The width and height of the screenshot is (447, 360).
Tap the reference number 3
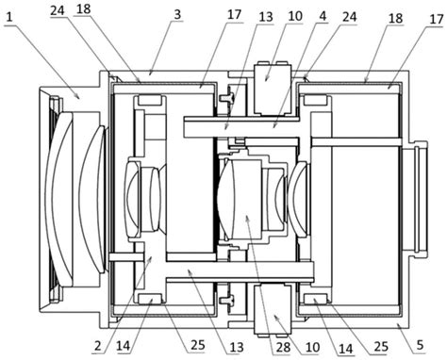(x=178, y=14)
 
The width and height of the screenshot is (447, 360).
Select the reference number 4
(x=323, y=16)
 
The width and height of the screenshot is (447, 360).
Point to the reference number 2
(x=98, y=346)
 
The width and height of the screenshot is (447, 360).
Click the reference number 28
(x=283, y=348)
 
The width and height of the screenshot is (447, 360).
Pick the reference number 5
(x=421, y=345)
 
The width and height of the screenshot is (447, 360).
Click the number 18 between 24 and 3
(x=83, y=9)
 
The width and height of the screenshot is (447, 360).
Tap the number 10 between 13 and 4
(x=295, y=16)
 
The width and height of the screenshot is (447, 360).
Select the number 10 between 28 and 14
(x=312, y=348)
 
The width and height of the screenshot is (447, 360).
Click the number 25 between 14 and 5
(x=380, y=346)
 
